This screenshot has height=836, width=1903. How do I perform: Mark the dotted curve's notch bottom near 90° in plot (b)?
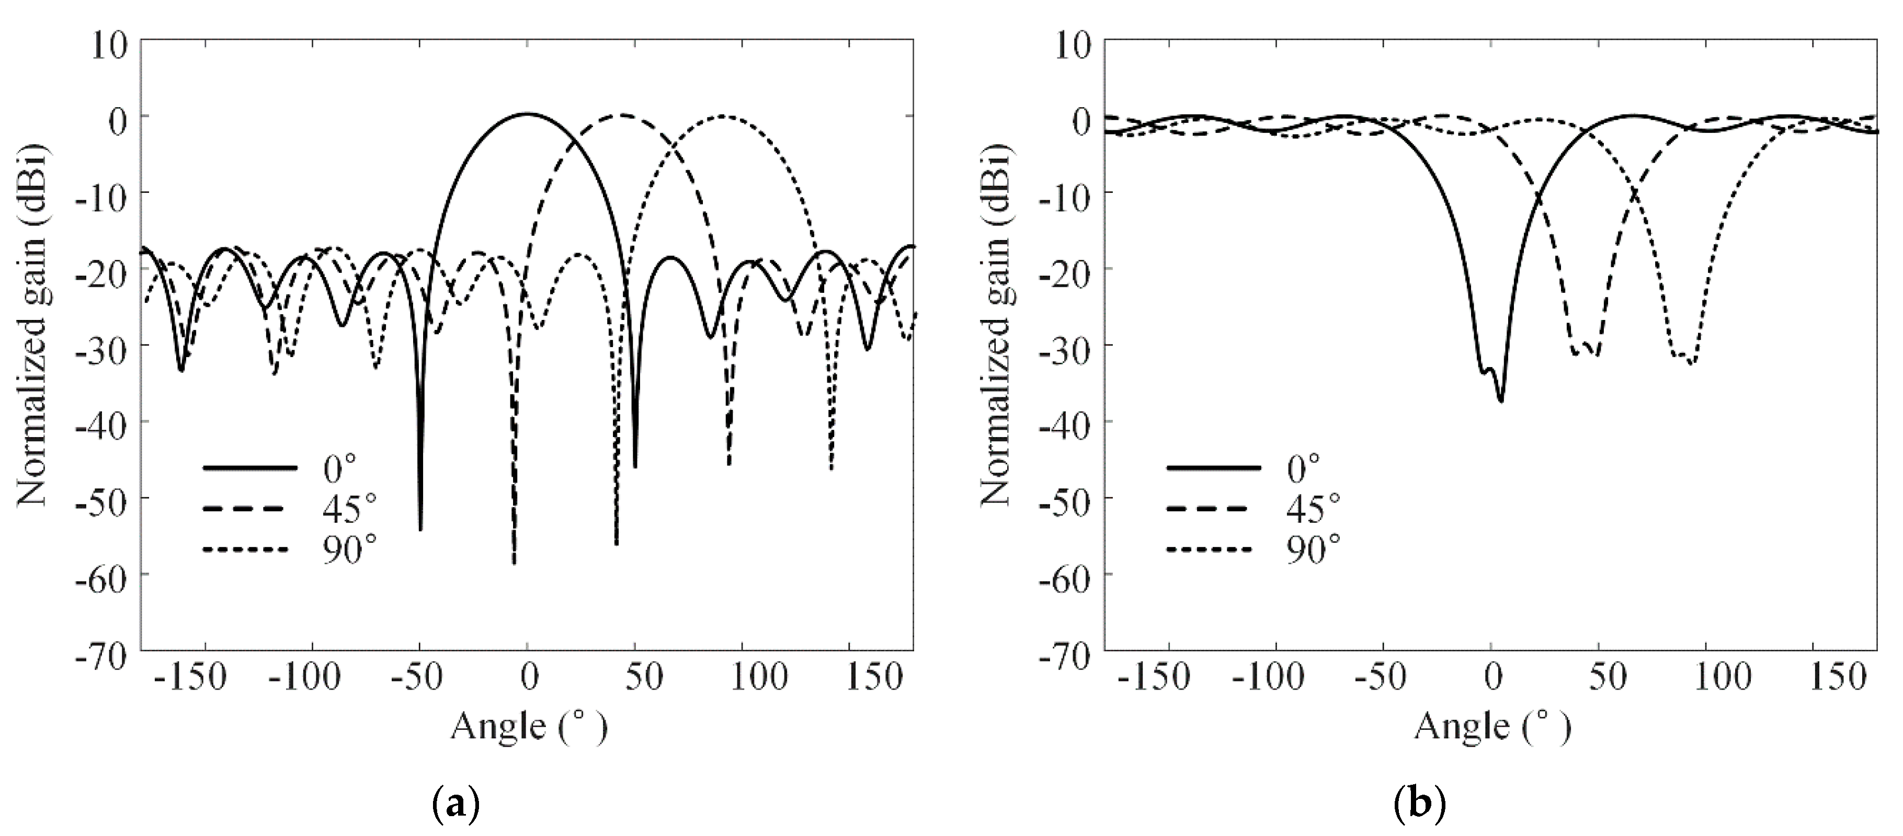coord(1692,363)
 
